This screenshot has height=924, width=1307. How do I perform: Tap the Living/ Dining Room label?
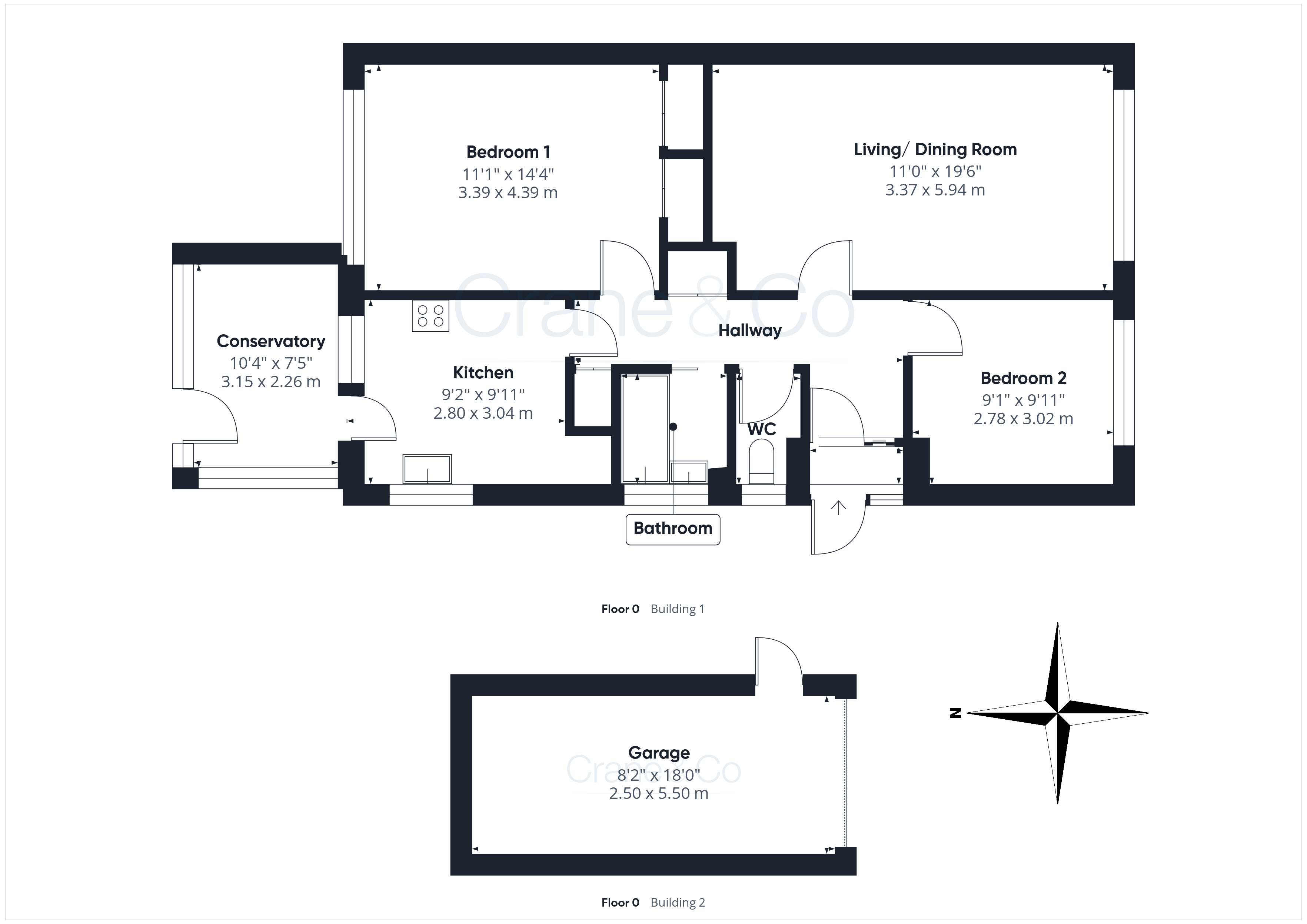click(x=935, y=150)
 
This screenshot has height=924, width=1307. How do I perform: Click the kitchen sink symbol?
click(x=427, y=469)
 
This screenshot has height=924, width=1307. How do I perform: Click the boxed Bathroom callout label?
click(x=673, y=529)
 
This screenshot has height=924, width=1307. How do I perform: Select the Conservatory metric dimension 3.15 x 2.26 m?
click(x=271, y=382)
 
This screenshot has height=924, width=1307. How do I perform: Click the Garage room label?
click(x=659, y=753)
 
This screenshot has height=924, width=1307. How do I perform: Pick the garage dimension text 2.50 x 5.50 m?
click(x=659, y=793)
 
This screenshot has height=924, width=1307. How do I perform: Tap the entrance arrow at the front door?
click(x=838, y=508)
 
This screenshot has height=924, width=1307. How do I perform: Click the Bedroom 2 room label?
click(x=1024, y=378)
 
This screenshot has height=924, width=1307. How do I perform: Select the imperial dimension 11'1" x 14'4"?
click(x=508, y=174)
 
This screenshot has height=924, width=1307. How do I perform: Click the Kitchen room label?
click(x=483, y=373)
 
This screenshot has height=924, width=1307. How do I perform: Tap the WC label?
click(x=762, y=429)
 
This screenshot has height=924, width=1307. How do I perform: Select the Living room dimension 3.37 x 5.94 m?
click(x=935, y=190)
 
